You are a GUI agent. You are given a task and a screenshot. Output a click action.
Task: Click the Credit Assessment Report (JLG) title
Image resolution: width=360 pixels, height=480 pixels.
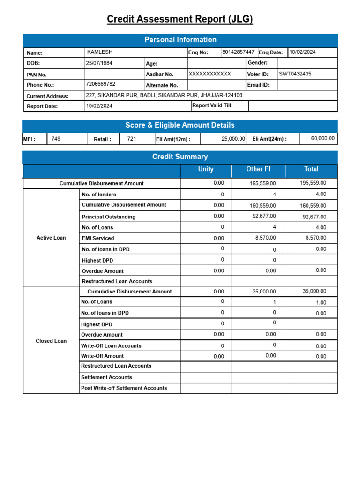coord(180,19)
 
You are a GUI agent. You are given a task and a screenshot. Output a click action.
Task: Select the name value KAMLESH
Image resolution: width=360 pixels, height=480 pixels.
coord(100,52)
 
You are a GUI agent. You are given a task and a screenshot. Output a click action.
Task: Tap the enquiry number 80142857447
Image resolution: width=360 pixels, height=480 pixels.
coord(238,52)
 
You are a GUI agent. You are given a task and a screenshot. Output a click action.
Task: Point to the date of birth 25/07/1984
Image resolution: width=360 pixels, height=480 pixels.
coord(99,63)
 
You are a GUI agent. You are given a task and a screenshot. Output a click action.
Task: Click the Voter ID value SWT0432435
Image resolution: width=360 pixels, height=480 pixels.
coord(295,74)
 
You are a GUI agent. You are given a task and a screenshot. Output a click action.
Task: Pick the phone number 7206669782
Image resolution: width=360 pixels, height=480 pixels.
coord(100,84)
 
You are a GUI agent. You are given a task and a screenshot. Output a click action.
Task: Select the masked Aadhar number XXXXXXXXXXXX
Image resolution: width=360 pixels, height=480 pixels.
coord(210,74)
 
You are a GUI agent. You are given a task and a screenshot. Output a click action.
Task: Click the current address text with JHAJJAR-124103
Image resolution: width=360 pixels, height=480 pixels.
coord(164,95)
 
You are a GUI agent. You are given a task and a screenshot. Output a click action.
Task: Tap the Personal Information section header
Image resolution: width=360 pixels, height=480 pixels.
coord(180,40)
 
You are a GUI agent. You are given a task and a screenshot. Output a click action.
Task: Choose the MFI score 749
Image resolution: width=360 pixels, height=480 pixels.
coord(56,139)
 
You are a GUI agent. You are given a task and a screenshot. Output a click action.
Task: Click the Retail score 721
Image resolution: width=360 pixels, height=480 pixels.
coord(132,139)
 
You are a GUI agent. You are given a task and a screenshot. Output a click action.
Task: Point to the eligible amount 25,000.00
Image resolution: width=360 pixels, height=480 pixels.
coord(233,139)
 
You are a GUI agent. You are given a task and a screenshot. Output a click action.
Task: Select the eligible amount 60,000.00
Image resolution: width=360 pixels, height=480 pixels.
coord(323,138)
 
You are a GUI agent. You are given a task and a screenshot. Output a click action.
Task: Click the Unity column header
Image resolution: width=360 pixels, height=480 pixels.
coord(206,169)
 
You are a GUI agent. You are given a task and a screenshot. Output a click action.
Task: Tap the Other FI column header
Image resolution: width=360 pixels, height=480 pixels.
coord(258,169)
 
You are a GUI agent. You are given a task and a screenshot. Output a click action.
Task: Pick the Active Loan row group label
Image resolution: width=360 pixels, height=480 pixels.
coord(51,238)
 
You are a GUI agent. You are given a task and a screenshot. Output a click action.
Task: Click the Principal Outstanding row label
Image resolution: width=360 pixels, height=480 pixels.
coord(108,217)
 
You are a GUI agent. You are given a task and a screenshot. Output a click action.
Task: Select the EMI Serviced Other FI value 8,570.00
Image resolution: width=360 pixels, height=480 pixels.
coord(265,238)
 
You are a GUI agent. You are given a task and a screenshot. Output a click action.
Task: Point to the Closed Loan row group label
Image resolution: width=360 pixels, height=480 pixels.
coord(51,341)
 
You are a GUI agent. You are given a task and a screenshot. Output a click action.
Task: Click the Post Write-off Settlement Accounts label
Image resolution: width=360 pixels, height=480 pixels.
coord(124,388)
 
